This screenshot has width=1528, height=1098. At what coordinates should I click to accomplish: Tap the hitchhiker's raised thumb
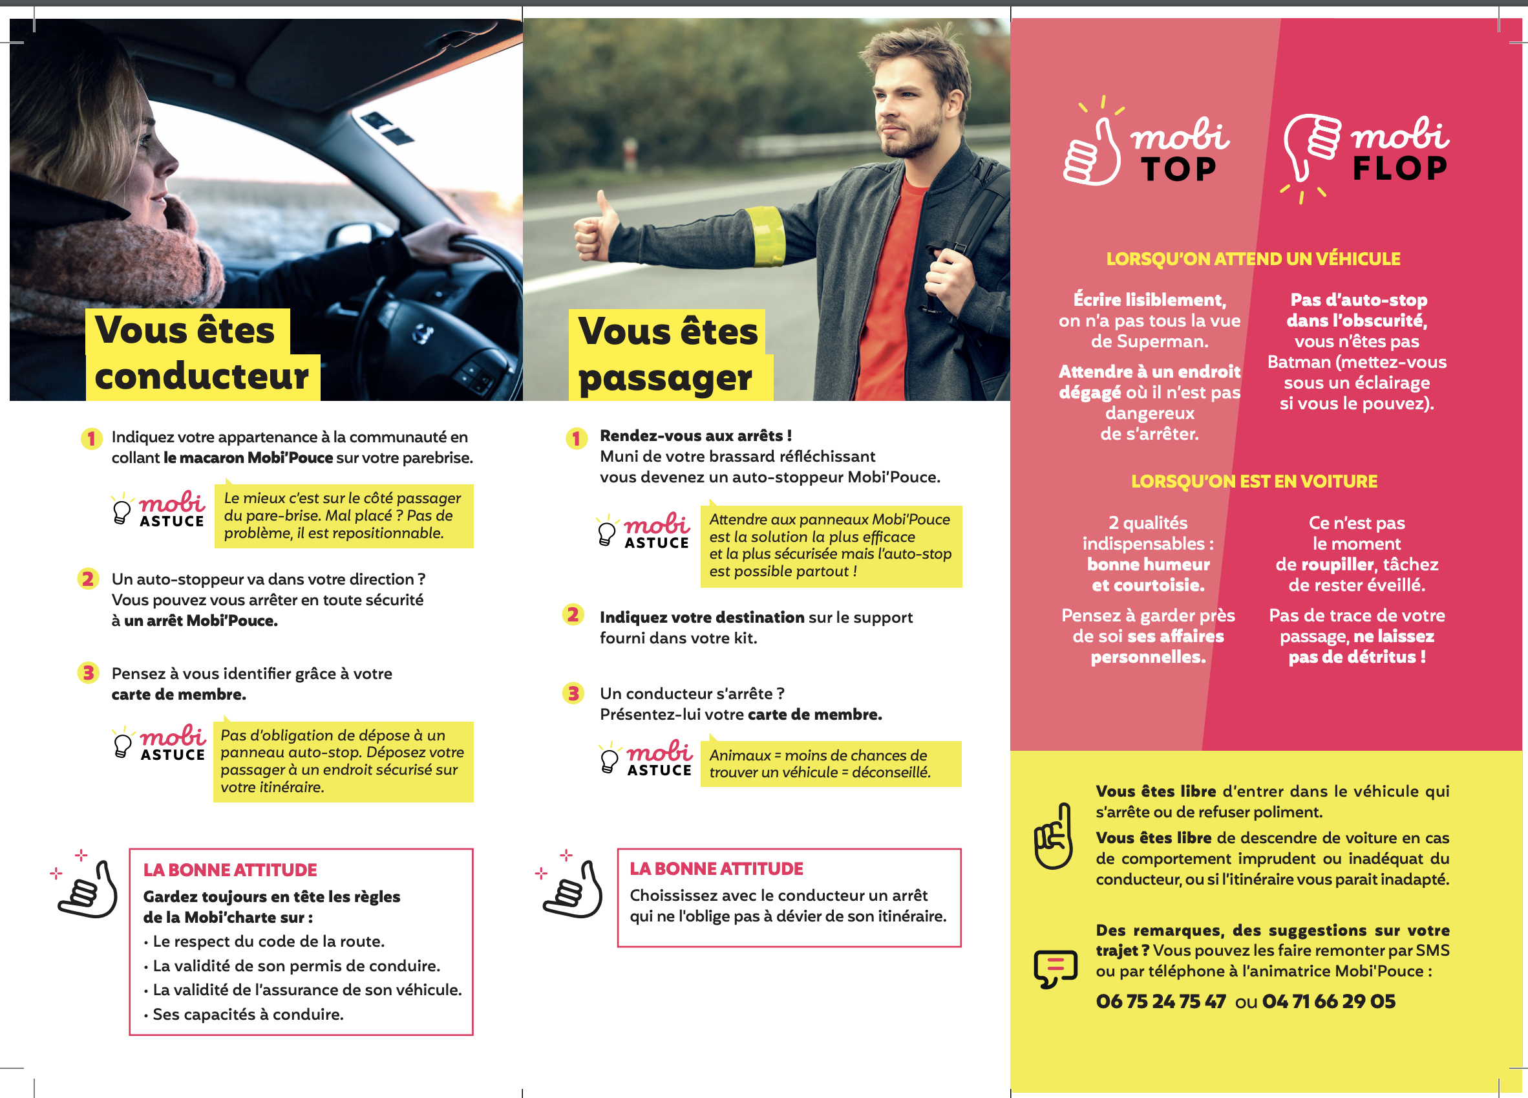[x=604, y=206]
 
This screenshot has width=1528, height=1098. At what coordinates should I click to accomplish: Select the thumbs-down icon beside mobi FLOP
[x=1311, y=148]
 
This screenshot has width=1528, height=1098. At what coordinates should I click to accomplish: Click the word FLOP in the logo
[x=1400, y=169]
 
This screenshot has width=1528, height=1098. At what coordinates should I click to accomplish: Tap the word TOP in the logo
[x=1179, y=169]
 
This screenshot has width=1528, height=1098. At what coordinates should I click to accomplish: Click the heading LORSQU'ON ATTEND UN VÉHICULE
[x=1253, y=259]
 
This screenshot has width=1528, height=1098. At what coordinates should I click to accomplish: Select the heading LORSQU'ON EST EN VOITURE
[x=1254, y=481]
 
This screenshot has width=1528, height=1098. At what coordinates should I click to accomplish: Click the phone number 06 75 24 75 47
[x=1161, y=1002]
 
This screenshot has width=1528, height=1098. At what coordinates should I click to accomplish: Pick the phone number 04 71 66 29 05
[x=1328, y=1002]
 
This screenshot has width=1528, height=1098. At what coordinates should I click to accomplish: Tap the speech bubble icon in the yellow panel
[x=1055, y=969]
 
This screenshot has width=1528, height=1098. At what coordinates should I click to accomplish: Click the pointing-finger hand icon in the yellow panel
[x=1054, y=836]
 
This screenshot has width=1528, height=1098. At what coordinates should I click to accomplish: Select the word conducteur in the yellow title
[x=202, y=376]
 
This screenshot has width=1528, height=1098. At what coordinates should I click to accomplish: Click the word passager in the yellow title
[x=665, y=378]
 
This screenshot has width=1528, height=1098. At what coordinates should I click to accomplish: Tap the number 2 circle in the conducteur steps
[x=88, y=579]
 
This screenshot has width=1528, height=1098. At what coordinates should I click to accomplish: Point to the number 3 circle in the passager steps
[x=573, y=694]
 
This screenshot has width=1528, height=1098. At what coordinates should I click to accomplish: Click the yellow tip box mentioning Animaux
[x=830, y=764]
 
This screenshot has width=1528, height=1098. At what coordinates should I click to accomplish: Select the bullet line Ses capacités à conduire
[x=248, y=1015]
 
